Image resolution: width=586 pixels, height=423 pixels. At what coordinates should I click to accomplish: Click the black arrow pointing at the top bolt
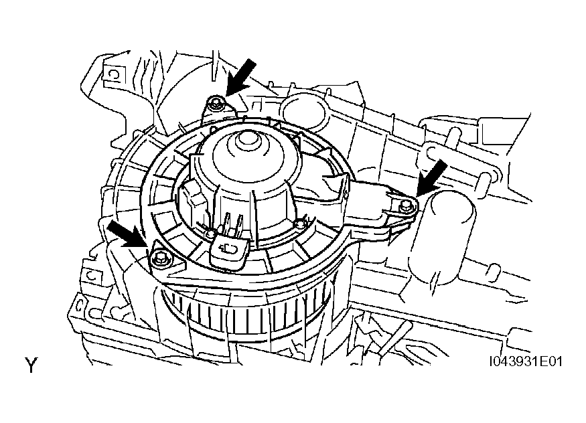240,78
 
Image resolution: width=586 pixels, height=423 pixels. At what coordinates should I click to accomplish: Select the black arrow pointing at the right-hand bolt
433,177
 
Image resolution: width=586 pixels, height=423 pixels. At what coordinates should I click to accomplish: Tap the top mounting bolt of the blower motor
216,104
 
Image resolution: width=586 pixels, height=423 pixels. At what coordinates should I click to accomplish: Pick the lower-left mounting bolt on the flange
159,257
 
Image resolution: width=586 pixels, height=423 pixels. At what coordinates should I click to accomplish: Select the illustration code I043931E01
526,361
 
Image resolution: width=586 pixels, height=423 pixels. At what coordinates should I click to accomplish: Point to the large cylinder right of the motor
442,237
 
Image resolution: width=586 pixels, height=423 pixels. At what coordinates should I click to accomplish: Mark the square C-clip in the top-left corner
113,75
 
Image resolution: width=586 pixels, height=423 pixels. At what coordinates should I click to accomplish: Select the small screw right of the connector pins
299,224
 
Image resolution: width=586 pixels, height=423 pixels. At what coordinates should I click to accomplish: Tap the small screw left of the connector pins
210,234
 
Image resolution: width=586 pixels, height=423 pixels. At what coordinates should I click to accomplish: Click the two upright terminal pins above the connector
234,224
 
